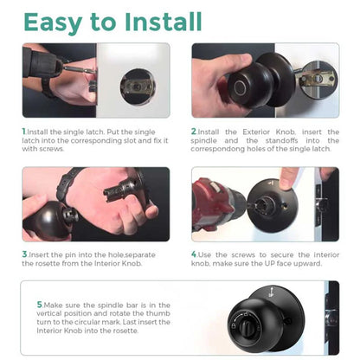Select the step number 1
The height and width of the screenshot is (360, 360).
[x=24, y=132]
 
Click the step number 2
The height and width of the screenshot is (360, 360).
[x=194, y=132]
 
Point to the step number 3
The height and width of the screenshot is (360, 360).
[x=24, y=255]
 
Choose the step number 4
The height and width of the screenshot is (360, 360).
[x=194, y=255]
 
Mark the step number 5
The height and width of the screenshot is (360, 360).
[x=40, y=304]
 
